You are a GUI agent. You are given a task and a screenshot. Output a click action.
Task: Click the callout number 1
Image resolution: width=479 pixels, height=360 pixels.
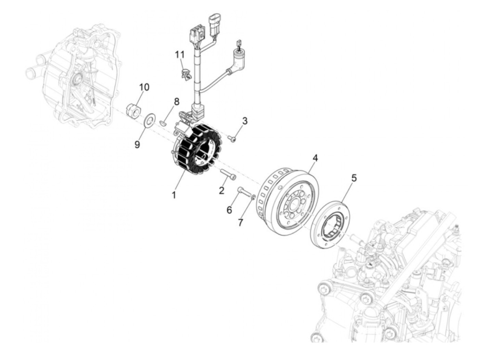click(x=174, y=195)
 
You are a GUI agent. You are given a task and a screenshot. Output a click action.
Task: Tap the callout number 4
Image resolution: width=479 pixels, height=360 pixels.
click(x=315, y=158)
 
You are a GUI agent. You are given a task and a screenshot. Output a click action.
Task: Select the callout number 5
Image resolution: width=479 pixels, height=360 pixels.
click(x=354, y=178)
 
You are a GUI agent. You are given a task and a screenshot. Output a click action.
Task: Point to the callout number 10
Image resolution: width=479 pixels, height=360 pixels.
click(x=144, y=87)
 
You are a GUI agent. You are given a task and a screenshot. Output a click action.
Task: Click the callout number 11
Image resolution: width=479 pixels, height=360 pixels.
click(x=180, y=55)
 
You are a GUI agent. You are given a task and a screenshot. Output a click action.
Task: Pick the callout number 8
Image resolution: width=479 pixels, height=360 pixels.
click(x=177, y=102)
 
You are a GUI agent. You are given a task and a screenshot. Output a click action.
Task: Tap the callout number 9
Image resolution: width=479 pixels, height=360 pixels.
click(x=137, y=144)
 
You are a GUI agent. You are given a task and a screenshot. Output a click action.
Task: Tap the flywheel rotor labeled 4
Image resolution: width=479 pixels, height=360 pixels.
click(x=289, y=202)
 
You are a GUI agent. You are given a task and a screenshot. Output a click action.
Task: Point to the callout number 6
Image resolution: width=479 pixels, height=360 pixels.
click(x=229, y=209)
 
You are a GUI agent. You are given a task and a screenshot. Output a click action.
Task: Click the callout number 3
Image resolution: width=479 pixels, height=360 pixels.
click(x=245, y=121)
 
